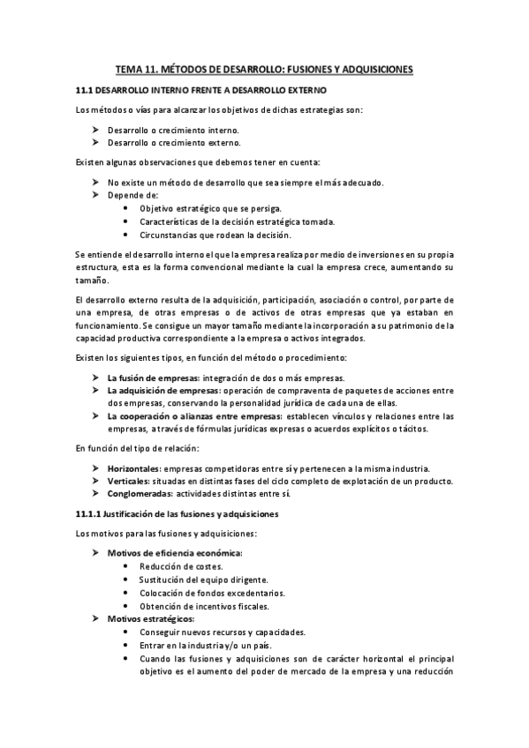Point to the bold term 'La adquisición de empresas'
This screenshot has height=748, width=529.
pyautogui.click(x=164, y=389)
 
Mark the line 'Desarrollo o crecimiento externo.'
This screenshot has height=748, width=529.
pyautogui.click(x=173, y=142)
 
